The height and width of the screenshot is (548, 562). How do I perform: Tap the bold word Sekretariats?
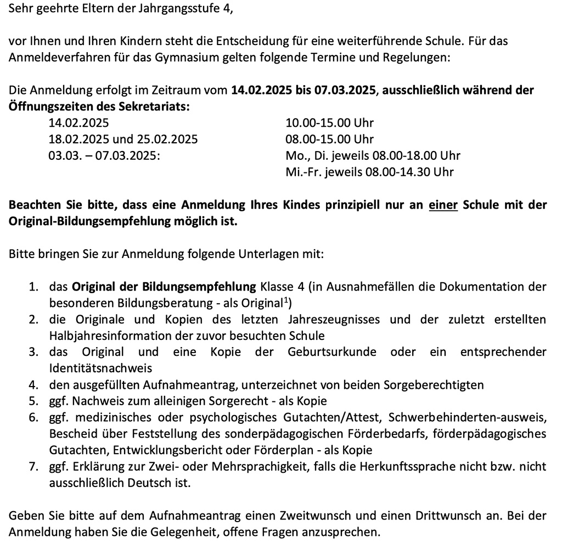click(153, 107)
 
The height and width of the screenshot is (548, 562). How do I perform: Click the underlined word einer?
click(443, 205)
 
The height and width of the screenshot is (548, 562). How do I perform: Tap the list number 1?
click(33, 287)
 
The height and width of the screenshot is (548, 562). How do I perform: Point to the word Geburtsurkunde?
click(331, 352)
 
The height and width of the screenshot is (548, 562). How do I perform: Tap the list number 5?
click(33, 401)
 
